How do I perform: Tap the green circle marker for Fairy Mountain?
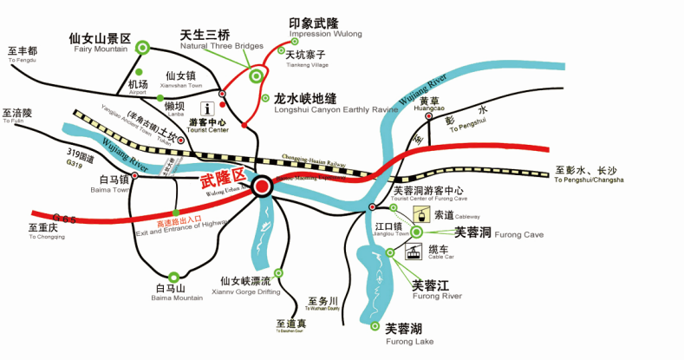[142, 47]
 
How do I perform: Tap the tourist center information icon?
[208, 109]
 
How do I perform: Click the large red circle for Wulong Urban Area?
[263, 186]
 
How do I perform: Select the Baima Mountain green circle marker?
[174, 277]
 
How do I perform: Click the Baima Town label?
[107, 184]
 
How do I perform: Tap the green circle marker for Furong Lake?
[375, 326]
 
